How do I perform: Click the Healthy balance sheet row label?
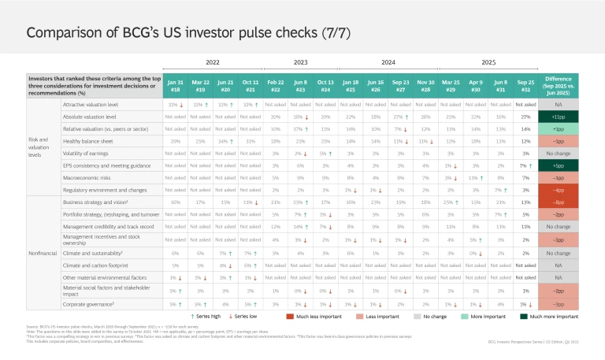87,140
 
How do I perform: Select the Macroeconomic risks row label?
89,179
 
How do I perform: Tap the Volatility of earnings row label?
89,153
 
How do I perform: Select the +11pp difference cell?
568,115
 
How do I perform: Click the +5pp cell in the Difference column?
568,166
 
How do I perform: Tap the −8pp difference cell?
568,202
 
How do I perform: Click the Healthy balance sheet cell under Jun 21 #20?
224,140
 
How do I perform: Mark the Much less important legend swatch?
291,315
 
